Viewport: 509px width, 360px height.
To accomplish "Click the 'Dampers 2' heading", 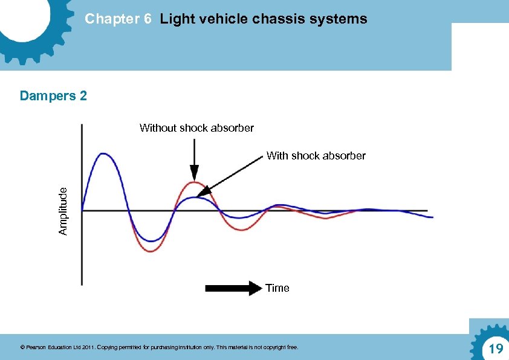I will coord(53,95).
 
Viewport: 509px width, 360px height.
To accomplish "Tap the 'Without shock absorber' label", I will coord(196,128).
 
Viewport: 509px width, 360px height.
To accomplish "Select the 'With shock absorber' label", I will coord(316,156).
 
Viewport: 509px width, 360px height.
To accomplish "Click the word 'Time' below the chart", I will coord(277,288).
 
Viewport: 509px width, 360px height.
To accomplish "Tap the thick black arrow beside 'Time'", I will coord(233,288).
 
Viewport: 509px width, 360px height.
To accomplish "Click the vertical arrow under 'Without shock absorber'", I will coord(193,156).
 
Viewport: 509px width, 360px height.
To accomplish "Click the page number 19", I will coord(496,349).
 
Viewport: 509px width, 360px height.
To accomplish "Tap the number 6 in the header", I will coord(148,19).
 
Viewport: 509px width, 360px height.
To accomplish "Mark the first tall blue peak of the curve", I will coord(104,154).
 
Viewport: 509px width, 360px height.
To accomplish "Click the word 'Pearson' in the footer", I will coord(37,347).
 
